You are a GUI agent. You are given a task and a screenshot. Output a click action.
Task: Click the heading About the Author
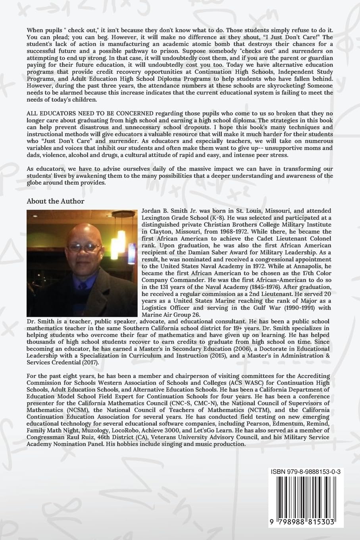[55, 201]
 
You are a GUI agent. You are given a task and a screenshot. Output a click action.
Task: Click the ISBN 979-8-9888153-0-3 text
[308, 471]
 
